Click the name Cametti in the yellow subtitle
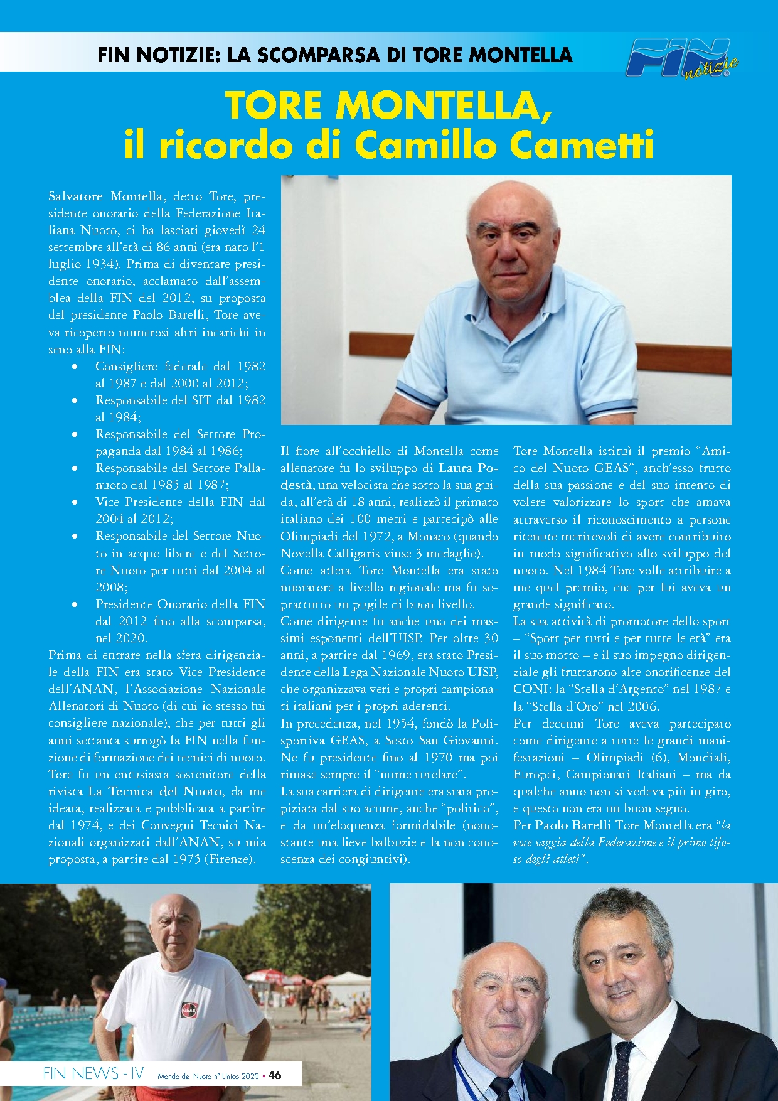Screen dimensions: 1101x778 (x=582, y=146)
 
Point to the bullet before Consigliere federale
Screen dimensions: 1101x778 (x=75, y=367)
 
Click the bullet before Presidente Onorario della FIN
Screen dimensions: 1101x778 (x=75, y=604)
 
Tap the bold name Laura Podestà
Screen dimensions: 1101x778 (x=389, y=476)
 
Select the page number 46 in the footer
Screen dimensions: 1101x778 (x=275, y=1075)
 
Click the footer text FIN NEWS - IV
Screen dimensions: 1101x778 (x=93, y=1073)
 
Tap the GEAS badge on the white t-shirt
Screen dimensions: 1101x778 (x=189, y=1010)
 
